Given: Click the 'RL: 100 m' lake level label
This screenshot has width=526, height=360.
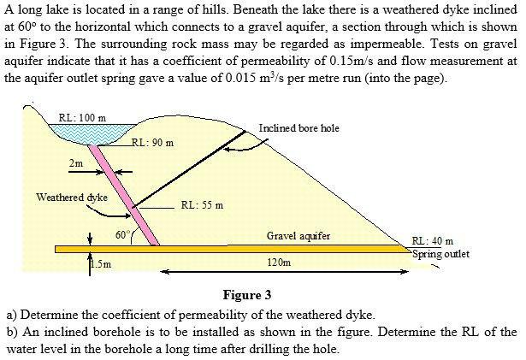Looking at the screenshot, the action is click(82, 117).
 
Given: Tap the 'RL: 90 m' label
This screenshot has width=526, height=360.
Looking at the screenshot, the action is click(155, 143).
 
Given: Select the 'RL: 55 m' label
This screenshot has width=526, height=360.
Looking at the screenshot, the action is click(203, 205).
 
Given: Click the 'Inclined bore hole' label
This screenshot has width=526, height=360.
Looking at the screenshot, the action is click(298, 128).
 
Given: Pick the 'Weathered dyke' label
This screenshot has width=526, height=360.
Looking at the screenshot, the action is click(71, 197).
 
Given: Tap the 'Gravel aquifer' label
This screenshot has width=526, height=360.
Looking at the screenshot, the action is click(298, 235).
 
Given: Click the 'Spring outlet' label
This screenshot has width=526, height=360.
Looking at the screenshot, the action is click(440, 254).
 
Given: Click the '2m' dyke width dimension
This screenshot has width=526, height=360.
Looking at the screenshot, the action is click(76, 162).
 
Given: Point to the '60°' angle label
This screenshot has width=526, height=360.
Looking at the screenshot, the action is click(122, 233).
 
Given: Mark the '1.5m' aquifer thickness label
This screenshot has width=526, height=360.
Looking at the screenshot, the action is click(100, 264).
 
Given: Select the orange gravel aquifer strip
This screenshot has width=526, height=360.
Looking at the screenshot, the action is click(257, 249).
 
